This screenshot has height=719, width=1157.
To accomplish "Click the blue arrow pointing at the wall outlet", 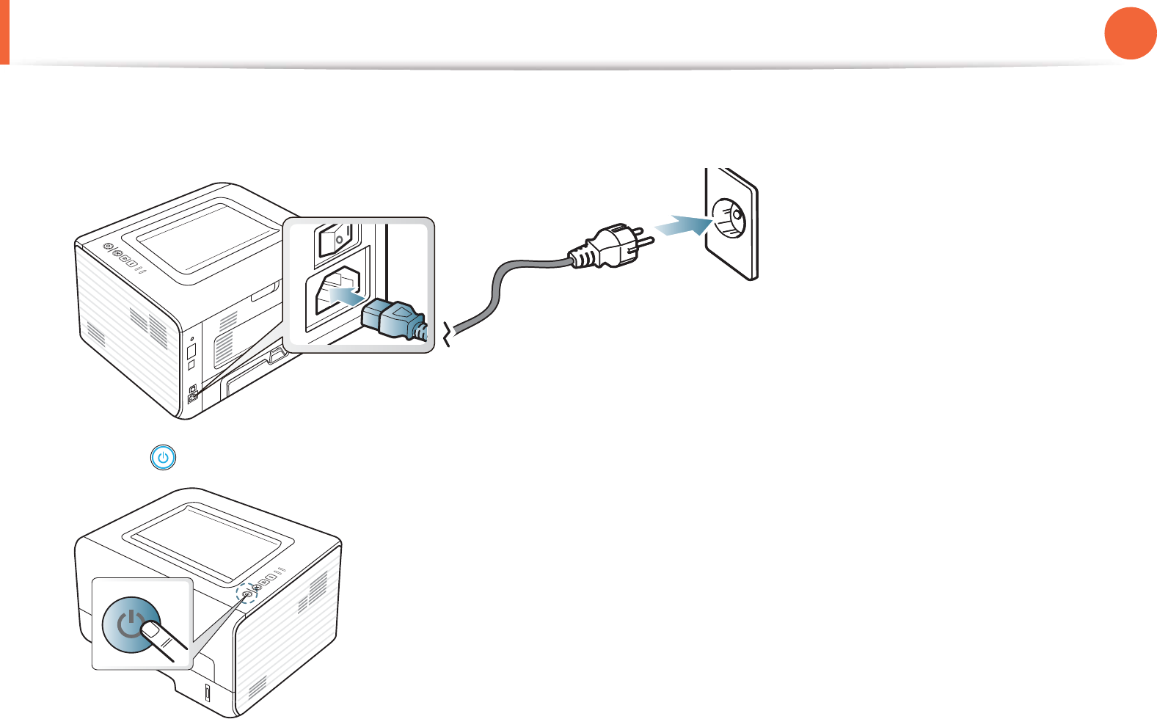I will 682,224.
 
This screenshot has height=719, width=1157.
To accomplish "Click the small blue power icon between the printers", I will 163,459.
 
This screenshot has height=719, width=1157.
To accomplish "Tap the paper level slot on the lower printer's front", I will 206,693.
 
